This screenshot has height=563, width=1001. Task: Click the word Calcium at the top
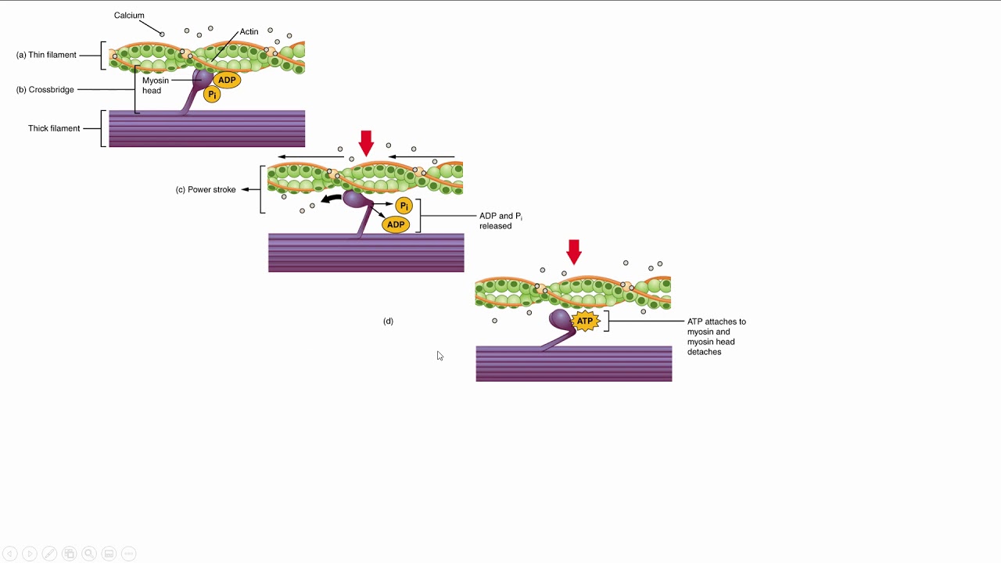129,16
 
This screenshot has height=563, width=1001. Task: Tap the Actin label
249,32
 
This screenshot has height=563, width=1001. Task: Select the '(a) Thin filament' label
47,56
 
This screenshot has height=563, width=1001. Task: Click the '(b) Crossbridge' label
45,90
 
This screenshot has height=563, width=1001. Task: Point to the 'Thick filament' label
54,128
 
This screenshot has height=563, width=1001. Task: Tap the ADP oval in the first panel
227,80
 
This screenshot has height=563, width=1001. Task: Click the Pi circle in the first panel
211,95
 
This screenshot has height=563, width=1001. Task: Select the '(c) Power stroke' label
206,190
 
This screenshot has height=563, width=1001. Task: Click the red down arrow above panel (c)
365,143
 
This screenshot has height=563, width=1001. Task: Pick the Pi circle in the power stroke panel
404,206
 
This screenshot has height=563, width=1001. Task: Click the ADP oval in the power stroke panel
396,225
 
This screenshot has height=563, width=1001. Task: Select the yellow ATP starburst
585,321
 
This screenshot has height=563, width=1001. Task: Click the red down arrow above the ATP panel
574,252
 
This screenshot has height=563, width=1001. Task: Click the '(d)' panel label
388,321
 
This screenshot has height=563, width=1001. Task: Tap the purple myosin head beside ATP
559,319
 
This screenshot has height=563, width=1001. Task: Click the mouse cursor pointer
440,356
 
